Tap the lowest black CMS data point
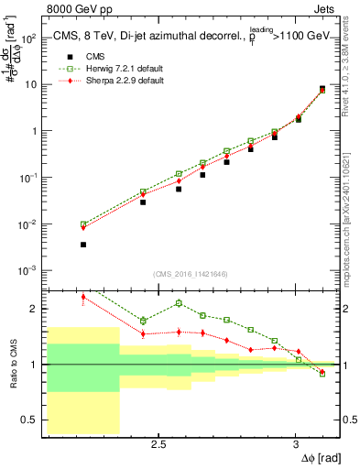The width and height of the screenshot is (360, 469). [83, 245]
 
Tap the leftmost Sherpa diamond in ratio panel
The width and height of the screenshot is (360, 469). [83, 297]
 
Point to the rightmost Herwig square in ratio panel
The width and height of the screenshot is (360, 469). [322, 374]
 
